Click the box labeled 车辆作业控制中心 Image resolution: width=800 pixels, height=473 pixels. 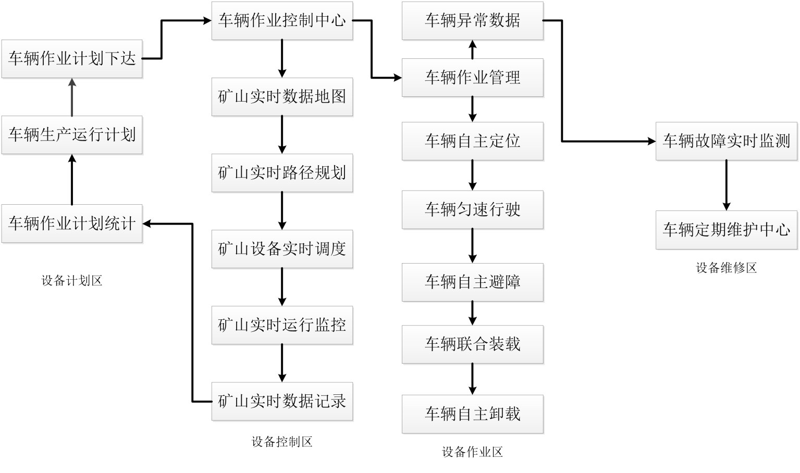(x=282, y=21)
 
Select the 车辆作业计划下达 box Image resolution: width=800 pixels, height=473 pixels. (x=72, y=59)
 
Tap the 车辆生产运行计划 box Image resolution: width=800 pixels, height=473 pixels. (x=72, y=135)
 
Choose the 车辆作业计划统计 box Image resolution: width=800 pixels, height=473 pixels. (x=72, y=224)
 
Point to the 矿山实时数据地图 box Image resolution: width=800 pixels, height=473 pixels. (x=282, y=97)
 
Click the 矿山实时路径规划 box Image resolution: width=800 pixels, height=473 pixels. (x=282, y=173)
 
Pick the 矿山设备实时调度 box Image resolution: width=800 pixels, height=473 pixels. (x=282, y=249)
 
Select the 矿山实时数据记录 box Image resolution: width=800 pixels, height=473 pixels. (x=282, y=401)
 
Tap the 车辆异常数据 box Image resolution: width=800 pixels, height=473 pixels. (x=473, y=21)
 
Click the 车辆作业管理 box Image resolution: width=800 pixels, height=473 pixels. (x=473, y=78)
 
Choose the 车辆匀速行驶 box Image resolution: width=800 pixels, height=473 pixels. (x=473, y=209)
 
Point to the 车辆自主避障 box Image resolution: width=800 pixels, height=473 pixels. (x=473, y=282)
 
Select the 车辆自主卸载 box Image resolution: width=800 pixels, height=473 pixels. (x=473, y=414)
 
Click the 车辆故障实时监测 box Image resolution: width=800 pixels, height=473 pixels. (x=727, y=141)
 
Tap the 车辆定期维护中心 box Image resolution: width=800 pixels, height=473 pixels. (x=727, y=230)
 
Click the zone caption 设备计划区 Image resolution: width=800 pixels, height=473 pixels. (x=72, y=281)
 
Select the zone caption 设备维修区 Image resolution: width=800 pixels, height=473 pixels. (x=727, y=268)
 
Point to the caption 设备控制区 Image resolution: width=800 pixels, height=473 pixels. (x=282, y=442)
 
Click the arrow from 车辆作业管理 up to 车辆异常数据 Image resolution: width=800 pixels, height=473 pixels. (x=473, y=49)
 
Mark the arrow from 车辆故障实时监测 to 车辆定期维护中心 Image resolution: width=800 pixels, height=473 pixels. (x=727, y=185)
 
